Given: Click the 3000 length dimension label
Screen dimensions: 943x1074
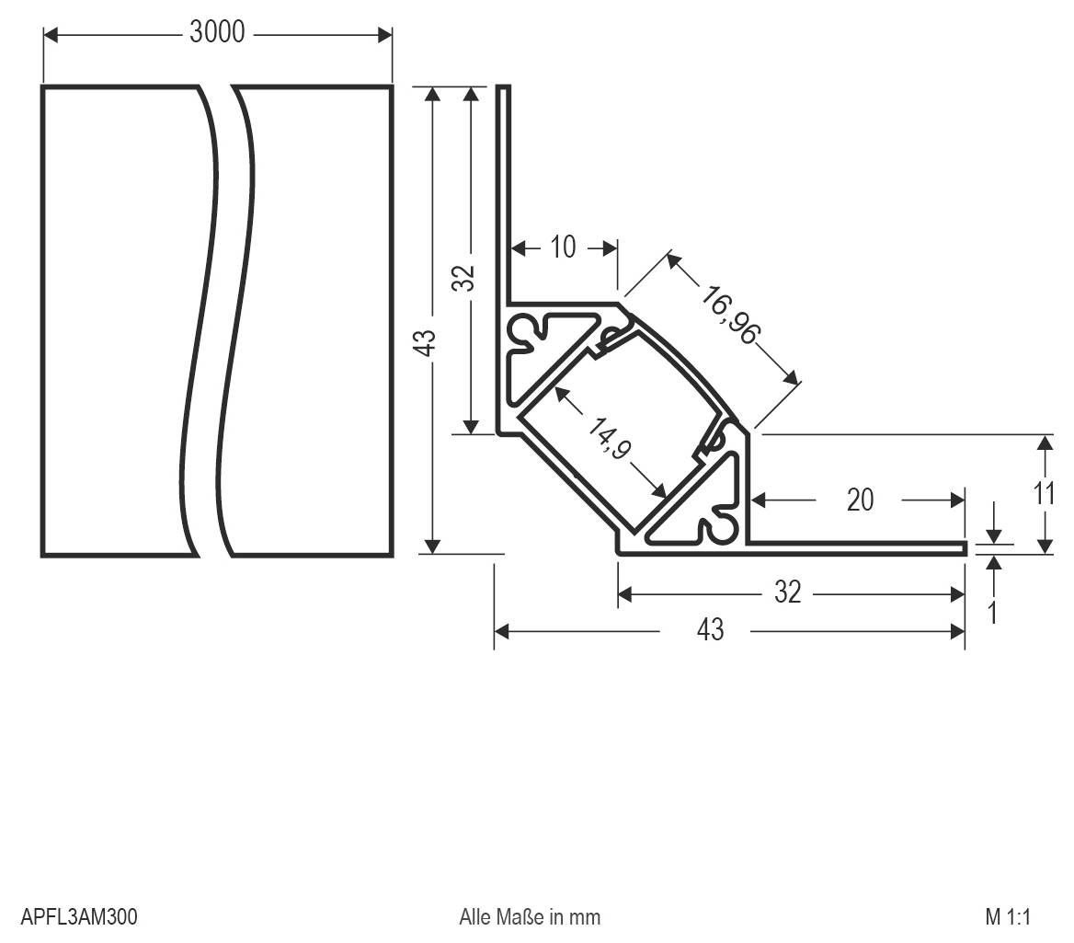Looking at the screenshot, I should [217, 32].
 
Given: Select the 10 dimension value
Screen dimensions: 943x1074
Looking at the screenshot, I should [562, 247].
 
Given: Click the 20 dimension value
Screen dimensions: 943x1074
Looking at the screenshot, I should [860, 500].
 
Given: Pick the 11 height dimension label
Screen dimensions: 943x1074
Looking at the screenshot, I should [1044, 494].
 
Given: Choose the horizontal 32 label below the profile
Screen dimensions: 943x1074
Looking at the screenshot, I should [787, 593].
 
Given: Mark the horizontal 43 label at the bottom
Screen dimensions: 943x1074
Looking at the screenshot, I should [710, 630].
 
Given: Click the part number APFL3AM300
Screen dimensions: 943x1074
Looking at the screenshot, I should [78, 917].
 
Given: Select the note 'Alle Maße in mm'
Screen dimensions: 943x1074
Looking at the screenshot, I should [530, 917].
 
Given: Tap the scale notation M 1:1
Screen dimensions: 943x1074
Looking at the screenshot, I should [1008, 917].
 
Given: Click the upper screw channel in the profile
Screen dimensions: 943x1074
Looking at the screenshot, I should [525, 331].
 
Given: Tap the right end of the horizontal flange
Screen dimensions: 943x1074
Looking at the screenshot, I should [965, 548].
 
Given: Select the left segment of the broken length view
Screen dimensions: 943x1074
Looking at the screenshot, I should [120, 322].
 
